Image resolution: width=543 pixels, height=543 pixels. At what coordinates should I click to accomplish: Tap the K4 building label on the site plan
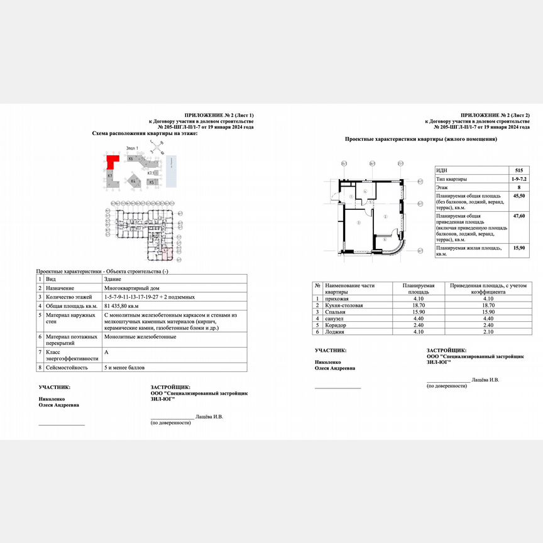(133, 180)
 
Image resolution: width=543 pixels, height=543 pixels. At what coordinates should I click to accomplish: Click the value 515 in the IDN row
(518, 170)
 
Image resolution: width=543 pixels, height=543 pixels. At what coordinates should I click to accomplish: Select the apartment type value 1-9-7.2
(518, 178)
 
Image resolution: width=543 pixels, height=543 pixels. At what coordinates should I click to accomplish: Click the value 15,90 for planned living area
(518, 248)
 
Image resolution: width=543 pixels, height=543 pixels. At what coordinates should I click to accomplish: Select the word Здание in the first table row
(112, 278)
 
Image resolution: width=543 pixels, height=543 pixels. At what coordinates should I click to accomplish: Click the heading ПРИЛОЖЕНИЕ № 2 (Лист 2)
(495, 116)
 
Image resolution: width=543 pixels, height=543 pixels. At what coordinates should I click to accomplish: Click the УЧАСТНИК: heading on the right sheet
(331, 349)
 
